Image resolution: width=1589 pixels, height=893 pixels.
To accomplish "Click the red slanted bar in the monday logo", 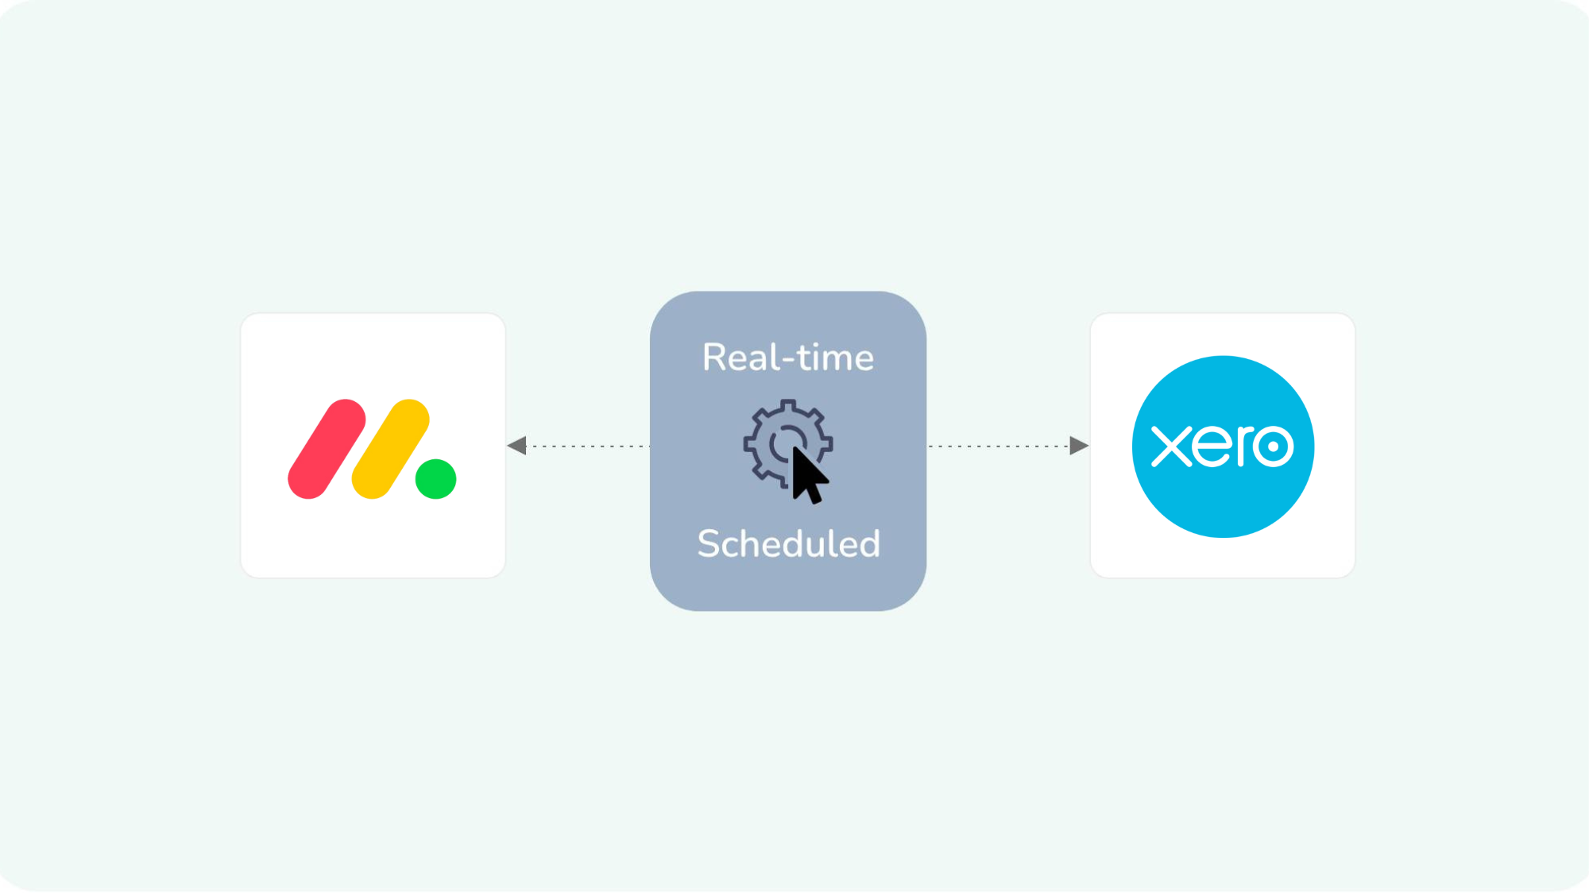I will click(x=327, y=449).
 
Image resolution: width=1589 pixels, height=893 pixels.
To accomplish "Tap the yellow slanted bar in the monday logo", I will click(x=390, y=449).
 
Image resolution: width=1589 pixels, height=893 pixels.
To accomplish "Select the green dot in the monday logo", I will click(x=435, y=479).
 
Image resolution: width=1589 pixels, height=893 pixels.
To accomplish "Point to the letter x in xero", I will click(x=1171, y=446).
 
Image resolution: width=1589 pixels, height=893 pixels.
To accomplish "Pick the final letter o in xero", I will click(x=1273, y=446).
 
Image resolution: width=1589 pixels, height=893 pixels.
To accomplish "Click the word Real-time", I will click(x=787, y=358).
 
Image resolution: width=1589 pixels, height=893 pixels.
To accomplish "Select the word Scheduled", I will click(x=788, y=544).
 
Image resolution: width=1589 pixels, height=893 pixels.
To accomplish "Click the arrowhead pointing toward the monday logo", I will click(x=517, y=446).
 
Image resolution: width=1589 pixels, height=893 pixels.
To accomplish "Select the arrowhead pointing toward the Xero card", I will click(x=1078, y=446).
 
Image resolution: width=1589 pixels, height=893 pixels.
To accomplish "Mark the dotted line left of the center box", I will click(x=588, y=446).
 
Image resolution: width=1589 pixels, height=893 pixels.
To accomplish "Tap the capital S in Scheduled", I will click(x=709, y=544).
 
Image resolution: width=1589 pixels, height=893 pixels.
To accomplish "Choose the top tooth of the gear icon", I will click(x=788, y=405).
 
